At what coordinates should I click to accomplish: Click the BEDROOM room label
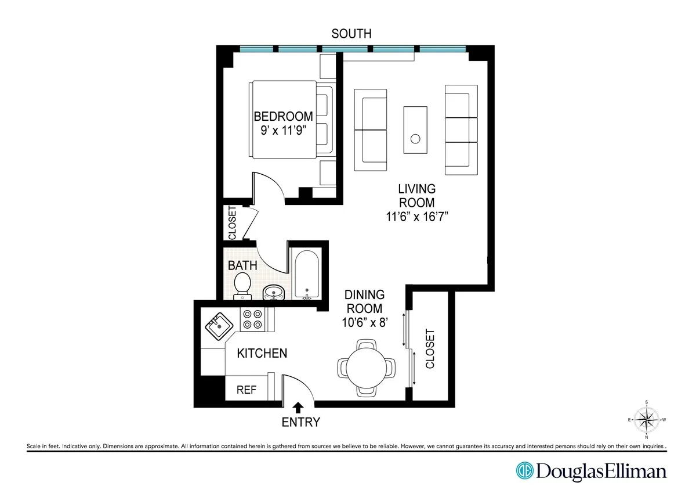pyautogui.click(x=283, y=116)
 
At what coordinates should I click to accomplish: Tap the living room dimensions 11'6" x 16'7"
pyautogui.click(x=416, y=217)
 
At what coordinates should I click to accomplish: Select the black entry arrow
pyautogui.click(x=299, y=406)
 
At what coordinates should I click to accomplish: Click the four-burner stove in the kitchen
pyautogui.click(x=253, y=319)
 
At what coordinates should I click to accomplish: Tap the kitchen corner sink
pyautogui.click(x=218, y=326)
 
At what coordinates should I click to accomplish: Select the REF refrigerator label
pyautogui.click(x=246, y=390)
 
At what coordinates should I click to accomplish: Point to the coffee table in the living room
pyautogui.click(x=415, y=129)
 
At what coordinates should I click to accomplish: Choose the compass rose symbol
pyautogui.click(x=647, y=418)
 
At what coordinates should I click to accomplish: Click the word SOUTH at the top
pyautogui.click(x=352, y=34)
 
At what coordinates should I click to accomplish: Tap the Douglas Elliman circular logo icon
pyautogui.click(x=525, y=470)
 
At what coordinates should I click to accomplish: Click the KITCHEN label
pyautogui.click(x=262, y=353)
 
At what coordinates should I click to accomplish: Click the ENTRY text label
pyautogui.click(x=300, y=422)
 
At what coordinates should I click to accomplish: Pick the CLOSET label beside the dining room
pyautogui.click(x=430, y=349)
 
